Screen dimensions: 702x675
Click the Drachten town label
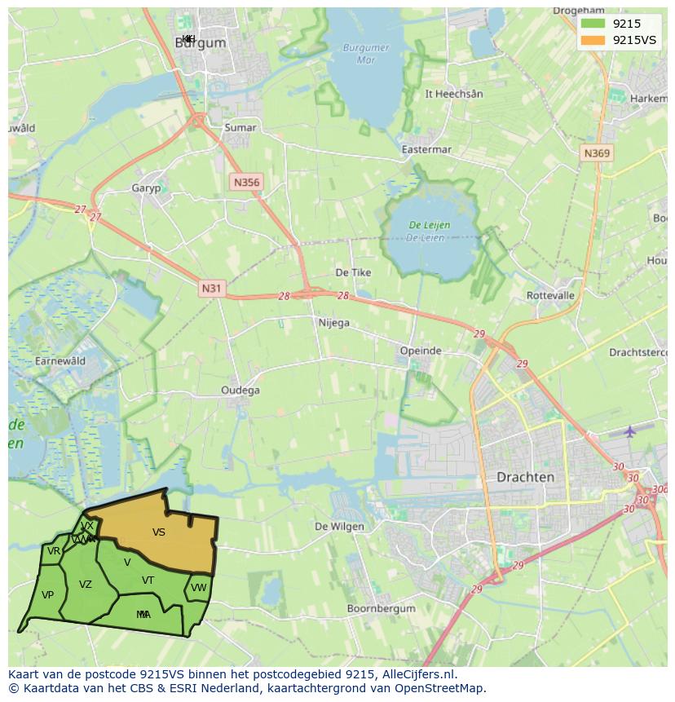(x=526, y=477)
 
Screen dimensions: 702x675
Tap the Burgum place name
(x=200, y=43)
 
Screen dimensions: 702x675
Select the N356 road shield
(x=246, y=182)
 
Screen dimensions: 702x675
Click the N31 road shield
(x=210, y=288)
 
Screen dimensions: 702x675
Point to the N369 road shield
(x=597, y=153)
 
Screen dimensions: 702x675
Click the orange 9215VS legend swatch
(x=593, y=40)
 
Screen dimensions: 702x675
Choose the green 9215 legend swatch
(x=593, y=24)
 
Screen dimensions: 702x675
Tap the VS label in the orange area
(x=159, y=532)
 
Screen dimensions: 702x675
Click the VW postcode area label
(x=199, y=587)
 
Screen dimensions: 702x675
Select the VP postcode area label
(x=47, y=595)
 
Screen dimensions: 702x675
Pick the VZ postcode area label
(x=86, y=585)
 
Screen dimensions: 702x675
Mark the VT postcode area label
(x=148, y=581)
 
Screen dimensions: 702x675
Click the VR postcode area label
(x=54, y=551)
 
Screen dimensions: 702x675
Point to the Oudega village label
(x=240, y=391)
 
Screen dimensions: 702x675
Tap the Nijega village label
(x=333, y=323)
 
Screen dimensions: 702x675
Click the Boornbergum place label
(x=382, y=608)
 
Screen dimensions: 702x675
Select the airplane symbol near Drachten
(x=629, y=430)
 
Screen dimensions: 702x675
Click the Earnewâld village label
(x=60, y=360)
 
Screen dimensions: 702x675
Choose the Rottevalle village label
(x=551, y=295)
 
